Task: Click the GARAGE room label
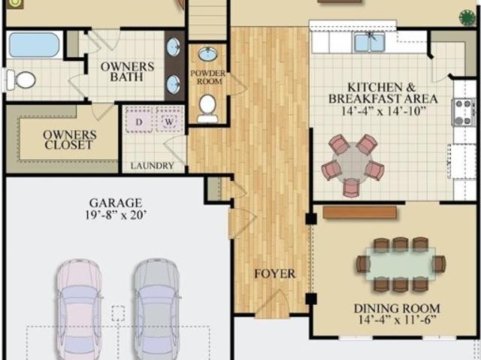pyautogui.click(x=116, y=203)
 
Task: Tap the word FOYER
pyautogui.click(x=275, y=274)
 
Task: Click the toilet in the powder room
pyautogui.click(x=207, y=108)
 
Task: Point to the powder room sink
pyautogui.click(x=207, y=55)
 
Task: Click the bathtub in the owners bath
pyautogui.click(x=34, y=45)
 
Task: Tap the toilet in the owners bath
pyautogui.click(x=20, y=80)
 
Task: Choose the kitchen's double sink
pyautogui.click(x=369, y=42)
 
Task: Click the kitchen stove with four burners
pyautogui.click(x=464, y=113)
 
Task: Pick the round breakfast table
pyautogui.click(x=352, y=162)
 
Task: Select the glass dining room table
pyautogui.click(x=401, y=264)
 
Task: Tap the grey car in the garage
pyautogui.click(x=157, y=309)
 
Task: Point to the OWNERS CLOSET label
pyautogui.click(x=70, y=140)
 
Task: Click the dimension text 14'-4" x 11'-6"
pyautogui.click(x=397, y=320)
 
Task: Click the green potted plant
pyautogui.click(x=467, y=17)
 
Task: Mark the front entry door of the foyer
pyautogui.click(x=272, y=304)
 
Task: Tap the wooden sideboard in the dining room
pyautogui.click(x=360, y=212)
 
